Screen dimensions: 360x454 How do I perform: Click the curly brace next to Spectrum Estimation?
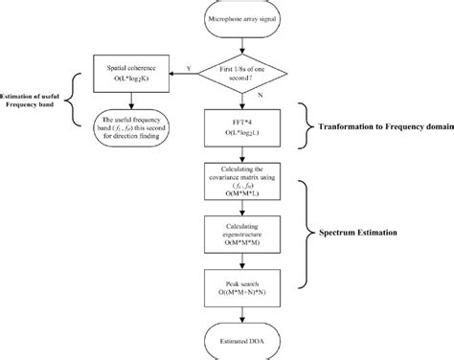308,232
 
